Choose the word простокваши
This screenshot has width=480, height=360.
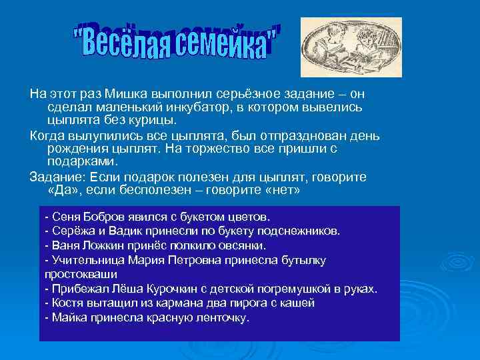coord(80,274)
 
